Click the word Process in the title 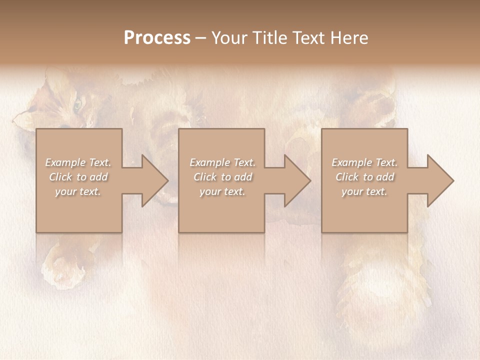tap(157, 38)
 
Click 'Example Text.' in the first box tap(78, 162)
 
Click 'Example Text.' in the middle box tap(222, 162)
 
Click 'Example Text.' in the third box tap(364, 162)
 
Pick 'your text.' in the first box tap(78, 191)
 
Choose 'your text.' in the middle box tap(222, 191)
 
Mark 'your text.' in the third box tap(364, 191)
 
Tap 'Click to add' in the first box tap(78, 177)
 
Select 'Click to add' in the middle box tap(222, 177)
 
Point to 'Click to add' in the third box tap(364, 177)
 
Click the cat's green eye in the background tap(77, 105)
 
